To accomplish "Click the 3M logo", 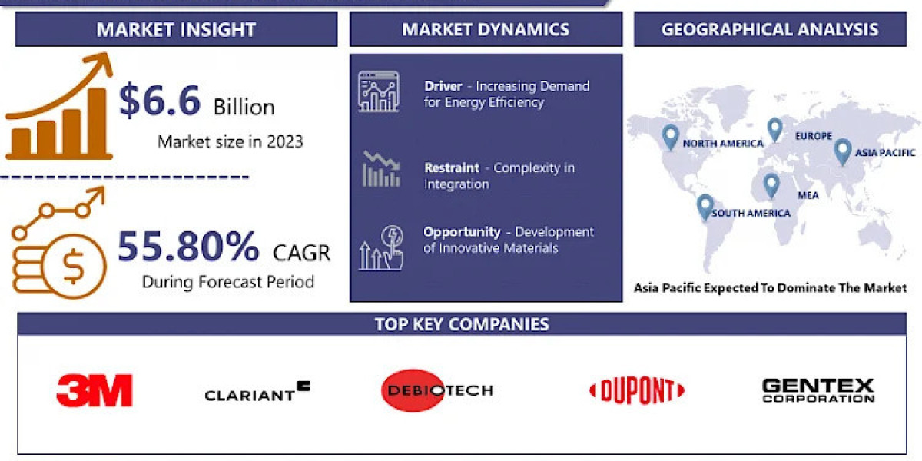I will (95, 390).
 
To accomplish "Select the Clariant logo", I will (257, 392).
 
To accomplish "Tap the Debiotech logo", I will (436, 390).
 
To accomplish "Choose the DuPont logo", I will (636, 391).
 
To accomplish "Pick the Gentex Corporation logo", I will (818, 390).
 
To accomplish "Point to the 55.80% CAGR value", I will (188, 247).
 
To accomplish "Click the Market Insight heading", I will (176, 30).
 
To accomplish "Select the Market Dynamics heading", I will (486, 30).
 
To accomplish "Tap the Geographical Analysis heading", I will (769, 30).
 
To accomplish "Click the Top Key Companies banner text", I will (462, 323).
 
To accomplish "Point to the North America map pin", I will (671, 137).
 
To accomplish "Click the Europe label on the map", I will (814, 136).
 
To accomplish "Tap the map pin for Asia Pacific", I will (843, 151).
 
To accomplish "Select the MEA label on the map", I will (808, 195).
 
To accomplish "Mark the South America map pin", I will (705, 207).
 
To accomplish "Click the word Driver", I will (443, 86).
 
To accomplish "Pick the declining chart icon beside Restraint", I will (380, 170).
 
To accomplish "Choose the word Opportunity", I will (462, 232).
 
